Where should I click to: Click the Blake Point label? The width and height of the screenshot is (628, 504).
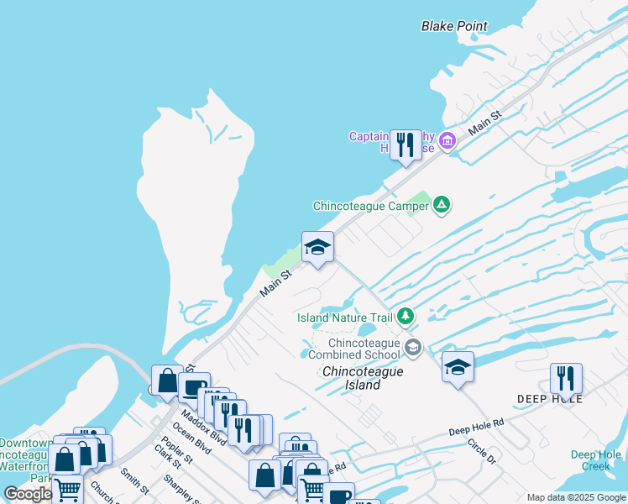click(454, 26)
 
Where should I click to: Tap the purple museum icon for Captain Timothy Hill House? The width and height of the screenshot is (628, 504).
click(447, 140)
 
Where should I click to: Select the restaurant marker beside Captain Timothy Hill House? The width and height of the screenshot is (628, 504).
click(407, 144)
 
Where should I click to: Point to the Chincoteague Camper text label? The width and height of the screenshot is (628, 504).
click(370, 206)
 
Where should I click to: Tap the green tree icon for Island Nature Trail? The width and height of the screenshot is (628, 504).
click(406, 317)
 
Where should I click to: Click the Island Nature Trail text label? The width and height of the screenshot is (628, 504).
click(345, 318)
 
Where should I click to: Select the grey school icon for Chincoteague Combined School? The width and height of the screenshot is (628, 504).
click(412, 347)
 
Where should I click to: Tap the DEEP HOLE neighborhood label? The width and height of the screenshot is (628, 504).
click(551, 399)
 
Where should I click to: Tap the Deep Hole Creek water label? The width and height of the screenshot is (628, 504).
click(596, 460)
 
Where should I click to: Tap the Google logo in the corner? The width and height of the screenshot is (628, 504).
click(28, 494)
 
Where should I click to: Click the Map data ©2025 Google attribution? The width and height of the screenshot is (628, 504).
click(576, 497)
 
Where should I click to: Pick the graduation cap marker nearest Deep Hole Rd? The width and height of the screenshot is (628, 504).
click(458, 367)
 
